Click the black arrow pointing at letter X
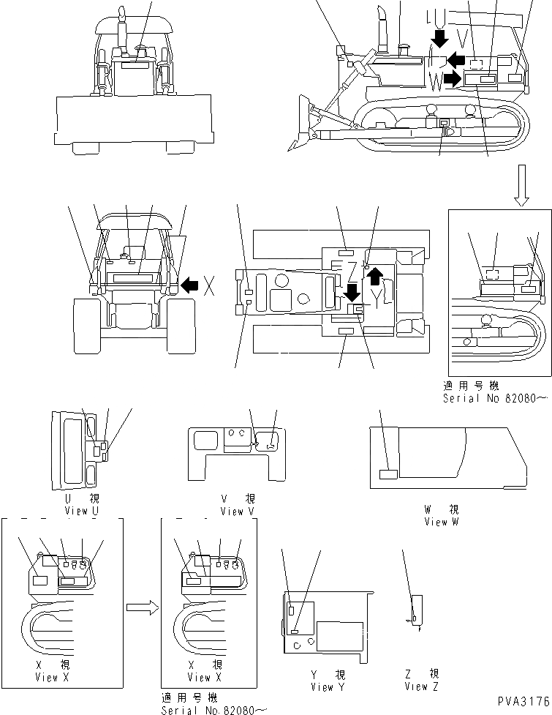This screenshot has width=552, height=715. [190, 285]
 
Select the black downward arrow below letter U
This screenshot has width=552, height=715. [439, 37]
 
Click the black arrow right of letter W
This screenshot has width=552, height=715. [453, 79]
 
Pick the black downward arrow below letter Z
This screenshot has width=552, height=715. [352, 293]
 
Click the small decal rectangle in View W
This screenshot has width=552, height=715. [387, 475]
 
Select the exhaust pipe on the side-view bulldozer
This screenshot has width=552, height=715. [381, 29]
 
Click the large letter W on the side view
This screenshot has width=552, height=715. [436, 81]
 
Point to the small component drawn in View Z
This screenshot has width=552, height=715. [416, 610]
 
